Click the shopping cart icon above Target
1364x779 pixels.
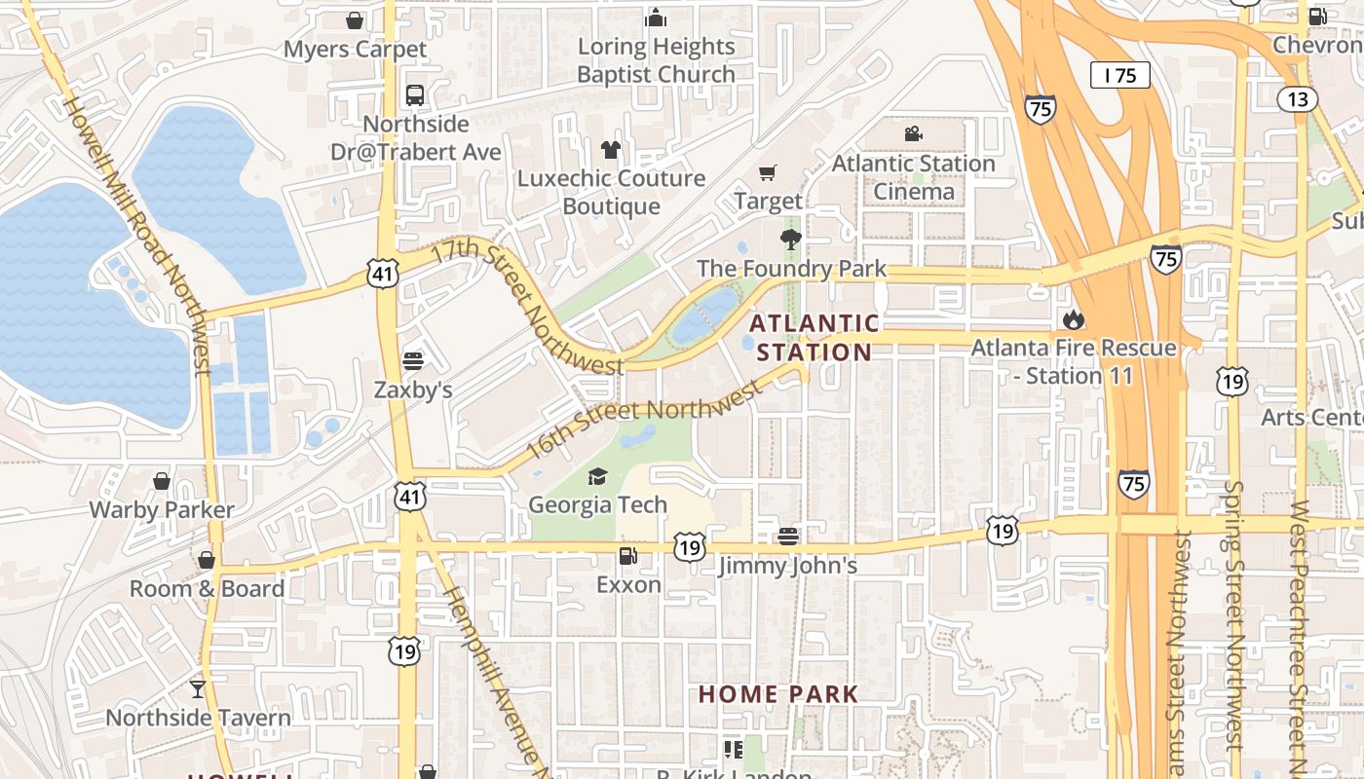[x=768, y=173]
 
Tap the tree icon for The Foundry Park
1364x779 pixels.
[x=790, y=240]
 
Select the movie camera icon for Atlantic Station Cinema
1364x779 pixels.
[x=913, y=134]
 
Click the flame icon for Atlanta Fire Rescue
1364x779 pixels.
[x=1074, y=319]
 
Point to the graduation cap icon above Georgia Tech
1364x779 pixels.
[x=597, y=476]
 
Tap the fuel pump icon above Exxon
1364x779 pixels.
[x=628, y=556]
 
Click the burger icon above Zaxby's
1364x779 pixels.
[x=413, y=361]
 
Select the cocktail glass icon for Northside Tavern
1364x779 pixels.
[x=198, y=688]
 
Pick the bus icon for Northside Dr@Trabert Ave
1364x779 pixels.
[x=415, y=95]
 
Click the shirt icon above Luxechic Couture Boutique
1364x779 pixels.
[x=611, y=150]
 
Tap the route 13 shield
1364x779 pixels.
[x=1298, y=99]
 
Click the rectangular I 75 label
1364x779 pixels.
[x=1119, y=75]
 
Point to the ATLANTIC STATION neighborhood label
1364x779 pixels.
[x=815, y=337]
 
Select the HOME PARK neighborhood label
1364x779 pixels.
[x=778, y=694]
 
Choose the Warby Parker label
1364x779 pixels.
[x=162, y=509]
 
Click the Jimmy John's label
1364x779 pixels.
[x=787, y=566]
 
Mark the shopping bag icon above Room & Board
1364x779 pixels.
[x=207, y=560]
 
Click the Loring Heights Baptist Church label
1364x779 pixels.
[x=656, y=60]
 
